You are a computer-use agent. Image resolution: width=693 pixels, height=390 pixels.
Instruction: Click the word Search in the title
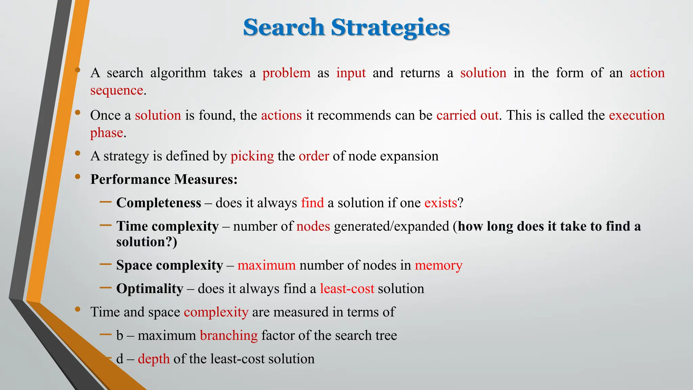coord(284,27)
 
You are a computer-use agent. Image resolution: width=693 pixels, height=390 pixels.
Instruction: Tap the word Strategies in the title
coord(390,28)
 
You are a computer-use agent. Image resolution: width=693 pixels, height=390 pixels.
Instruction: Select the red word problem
coord(286,73)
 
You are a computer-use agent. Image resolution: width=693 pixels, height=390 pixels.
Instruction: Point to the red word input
coord(351,73)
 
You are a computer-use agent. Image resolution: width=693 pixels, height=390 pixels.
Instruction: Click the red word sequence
coord(116,91)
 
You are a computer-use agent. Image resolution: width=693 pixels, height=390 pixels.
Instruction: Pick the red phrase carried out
coord(467,115)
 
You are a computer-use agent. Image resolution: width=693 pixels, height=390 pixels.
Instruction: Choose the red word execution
coord(636,115)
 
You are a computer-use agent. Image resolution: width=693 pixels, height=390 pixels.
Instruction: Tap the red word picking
coord(252,156)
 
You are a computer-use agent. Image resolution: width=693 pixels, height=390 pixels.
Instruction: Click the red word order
coord(314,156)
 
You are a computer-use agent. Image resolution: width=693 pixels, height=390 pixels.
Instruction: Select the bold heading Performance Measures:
coord(164,179)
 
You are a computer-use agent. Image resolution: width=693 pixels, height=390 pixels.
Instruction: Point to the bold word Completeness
coord(159,203)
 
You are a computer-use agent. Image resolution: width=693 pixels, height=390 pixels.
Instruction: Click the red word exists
coord(441,203)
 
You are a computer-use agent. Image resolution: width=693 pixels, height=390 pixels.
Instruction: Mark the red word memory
coord(439,265)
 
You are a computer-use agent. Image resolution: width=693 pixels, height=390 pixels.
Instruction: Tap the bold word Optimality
coord(150,289)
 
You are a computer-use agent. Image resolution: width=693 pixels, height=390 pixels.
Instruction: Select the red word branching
coord(229,335)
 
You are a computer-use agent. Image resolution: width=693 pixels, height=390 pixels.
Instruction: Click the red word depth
coord(154,359)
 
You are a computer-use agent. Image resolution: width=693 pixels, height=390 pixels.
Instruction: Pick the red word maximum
coord(266,265)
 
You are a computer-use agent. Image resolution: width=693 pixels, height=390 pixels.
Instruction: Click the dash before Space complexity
coord(106,264)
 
